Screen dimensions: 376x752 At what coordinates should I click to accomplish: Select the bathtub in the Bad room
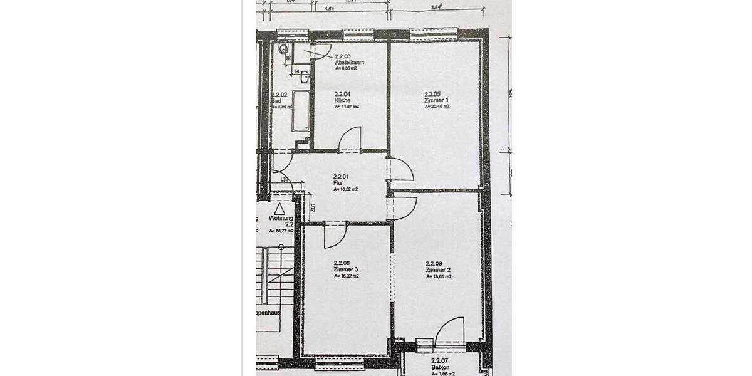coord(301,112)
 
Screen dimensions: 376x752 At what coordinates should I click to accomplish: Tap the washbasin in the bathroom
coord(305,77)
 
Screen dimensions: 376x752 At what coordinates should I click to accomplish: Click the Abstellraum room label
coord(349,63)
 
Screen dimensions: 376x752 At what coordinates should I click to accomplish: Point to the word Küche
coord(342,100)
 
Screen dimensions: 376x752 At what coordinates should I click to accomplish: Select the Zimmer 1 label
coord(436,100)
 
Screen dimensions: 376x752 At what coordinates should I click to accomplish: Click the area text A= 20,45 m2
coord(437,107)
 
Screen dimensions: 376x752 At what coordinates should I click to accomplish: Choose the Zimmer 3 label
coord(346,269)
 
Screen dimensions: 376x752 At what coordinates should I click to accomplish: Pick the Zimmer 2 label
coord(437,269)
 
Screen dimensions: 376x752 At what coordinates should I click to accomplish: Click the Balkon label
coord(441,368)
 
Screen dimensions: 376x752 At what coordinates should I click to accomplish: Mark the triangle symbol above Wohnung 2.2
coord(279,209)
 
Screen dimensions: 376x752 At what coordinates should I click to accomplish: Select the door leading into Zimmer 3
coord(335,235)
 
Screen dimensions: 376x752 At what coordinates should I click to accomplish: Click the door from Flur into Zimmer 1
coord(400,170)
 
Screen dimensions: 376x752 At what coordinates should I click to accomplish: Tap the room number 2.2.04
coord(342,94)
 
